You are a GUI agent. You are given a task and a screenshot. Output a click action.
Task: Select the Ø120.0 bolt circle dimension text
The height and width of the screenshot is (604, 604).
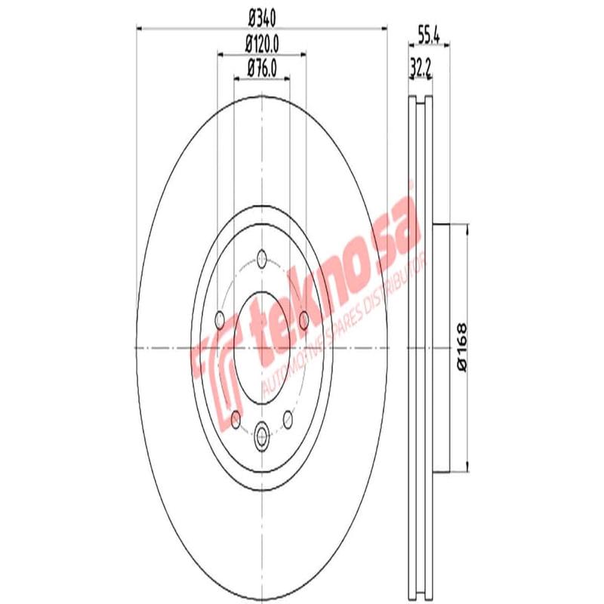pos(261,44)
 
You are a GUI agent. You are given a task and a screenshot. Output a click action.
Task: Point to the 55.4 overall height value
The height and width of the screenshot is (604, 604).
pos(429,32)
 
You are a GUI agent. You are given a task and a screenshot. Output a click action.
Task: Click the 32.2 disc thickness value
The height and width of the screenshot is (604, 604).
pos(420,69)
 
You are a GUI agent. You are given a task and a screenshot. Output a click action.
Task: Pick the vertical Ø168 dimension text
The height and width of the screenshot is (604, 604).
pos(462,347)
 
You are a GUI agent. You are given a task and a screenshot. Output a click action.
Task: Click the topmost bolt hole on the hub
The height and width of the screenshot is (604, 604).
pos(261,255)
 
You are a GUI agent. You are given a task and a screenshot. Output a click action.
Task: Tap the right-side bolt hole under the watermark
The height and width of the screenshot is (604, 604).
pos(304,321)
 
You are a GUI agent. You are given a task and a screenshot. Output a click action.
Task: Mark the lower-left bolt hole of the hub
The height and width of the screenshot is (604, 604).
pos(236,418)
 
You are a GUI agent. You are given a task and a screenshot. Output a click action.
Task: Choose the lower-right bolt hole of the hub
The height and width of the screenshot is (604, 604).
pos(288,418)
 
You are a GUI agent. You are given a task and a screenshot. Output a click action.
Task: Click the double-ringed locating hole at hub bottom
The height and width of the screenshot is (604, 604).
pos(262,433)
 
